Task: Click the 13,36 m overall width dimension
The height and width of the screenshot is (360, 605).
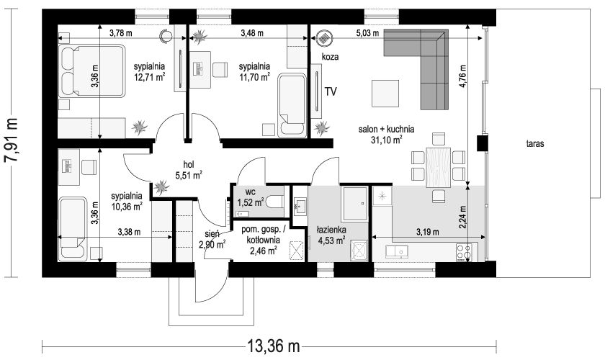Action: click(x=273, y=346)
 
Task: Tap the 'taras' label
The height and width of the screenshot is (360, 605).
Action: click(x=535, y=144)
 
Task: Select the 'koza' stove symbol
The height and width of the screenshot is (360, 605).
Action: click(x=325, y=38)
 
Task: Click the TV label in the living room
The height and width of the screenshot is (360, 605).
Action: click(x=331, y=91)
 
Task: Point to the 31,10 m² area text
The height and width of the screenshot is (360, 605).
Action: click(x=387, y=140)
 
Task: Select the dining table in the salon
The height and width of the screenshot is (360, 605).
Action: click(x=439, y=167)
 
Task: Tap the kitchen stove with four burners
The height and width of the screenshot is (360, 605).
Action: click(x=464, y=252)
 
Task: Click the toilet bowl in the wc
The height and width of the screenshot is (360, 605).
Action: click(x=277, y=202)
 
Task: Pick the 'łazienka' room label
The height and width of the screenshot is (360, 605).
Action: click(x=331, y=230)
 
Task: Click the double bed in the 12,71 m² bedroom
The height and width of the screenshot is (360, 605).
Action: click(x=92, y=71)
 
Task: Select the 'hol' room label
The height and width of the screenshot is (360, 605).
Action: click(x=189, y=164)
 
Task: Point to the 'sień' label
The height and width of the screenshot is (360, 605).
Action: click(x=212, y=234)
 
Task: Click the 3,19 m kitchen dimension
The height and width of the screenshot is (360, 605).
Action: click(x=428, y=232)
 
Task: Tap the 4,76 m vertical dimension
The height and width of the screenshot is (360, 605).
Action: click(x=462, y=77)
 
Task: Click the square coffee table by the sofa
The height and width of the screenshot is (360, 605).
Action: click(x=385, y=94)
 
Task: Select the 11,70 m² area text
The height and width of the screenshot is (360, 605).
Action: click(x=254, y=77)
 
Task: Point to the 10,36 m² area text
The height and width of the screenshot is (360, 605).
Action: click(x=127, y=207)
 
